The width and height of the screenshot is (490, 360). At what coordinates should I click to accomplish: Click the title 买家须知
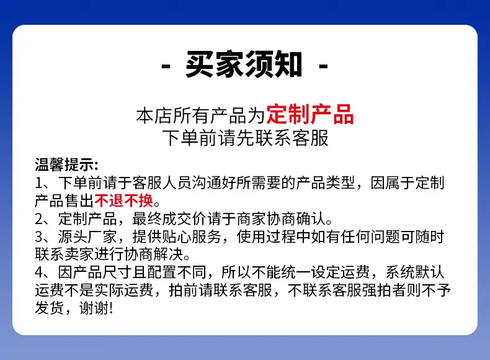pos(244,64)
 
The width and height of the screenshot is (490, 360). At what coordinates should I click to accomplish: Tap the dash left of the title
pos(166,66)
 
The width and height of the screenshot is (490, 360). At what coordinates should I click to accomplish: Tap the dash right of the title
pos(323,66)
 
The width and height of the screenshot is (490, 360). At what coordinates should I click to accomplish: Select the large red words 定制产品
pos(310,114)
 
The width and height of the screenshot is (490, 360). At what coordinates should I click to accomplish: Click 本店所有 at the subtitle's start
pos(173,115)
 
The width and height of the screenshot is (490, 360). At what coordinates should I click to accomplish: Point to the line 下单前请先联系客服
pos(246,138)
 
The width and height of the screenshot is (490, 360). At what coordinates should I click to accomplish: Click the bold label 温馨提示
pos(64,164)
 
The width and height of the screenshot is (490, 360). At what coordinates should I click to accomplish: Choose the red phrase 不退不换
pos(124,200)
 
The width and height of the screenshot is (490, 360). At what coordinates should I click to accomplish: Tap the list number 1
pos(38,183)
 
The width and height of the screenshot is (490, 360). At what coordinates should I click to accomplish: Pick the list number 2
pos(39,219)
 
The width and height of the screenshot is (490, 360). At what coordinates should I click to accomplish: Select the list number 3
pos(39,236)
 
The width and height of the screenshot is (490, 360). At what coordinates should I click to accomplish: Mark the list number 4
pos(39,272)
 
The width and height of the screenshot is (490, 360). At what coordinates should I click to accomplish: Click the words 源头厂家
pos(87,236)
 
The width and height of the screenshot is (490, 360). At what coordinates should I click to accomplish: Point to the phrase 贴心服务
pos(192,236)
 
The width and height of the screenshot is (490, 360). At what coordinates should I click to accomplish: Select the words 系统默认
pos(415,272)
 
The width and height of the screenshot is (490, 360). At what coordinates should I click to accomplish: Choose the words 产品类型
pos(325,182)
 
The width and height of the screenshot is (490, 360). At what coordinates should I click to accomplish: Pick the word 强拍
pos(377,290)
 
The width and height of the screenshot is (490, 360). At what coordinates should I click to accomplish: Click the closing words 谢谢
pos(94,308)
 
